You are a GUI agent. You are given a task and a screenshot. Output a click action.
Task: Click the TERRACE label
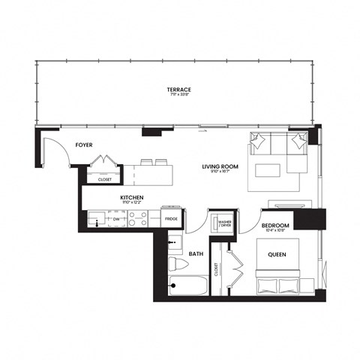click(x=179, y=88)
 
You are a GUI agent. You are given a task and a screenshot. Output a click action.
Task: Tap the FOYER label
click(x=83, y=144)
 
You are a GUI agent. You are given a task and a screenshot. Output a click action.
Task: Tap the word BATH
click(x=196, y=254)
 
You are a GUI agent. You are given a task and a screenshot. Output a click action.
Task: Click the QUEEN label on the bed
click(x=278, y=254)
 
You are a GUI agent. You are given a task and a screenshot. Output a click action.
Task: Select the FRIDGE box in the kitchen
click(x=171, y=218)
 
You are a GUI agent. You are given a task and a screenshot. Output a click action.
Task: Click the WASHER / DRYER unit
click(x=223, y=223)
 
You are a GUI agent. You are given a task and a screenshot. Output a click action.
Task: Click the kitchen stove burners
click(x=139, y=218)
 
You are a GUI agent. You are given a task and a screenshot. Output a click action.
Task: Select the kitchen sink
click(x=96, y=219)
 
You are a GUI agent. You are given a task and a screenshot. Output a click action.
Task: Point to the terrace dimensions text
click(x=179, y=95)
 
